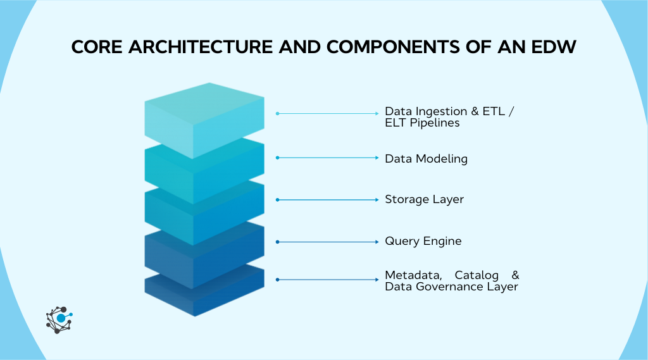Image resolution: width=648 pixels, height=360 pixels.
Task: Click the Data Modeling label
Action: (x=426, y=159)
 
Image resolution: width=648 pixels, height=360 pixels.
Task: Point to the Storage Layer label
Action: (x=424, y=199)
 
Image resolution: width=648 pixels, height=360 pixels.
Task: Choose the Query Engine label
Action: (x=423, y=241)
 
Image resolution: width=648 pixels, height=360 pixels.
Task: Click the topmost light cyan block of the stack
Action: (x=204, y=117)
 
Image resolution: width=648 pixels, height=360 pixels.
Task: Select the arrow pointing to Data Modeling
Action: (x=328, y=158)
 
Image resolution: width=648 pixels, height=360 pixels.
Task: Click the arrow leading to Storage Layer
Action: (x=328, y=200)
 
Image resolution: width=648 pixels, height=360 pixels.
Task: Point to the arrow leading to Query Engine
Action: (x=328, y=242)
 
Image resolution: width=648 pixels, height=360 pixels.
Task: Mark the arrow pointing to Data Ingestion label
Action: (x=328, y=114)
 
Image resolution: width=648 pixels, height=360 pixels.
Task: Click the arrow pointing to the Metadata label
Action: (x=328, y=279)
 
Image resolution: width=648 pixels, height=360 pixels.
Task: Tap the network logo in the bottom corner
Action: (x=59, y=320)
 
